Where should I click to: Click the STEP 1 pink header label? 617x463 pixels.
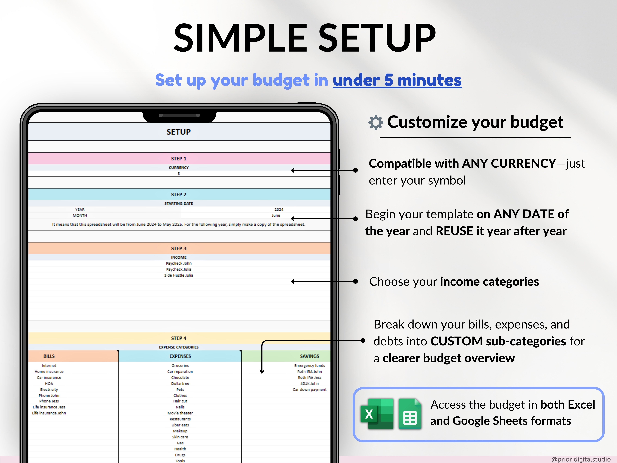[x=178, y=158]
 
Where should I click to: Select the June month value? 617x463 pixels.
[x=276, y=215]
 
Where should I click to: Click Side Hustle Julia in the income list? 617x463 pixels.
[x=178, y=275]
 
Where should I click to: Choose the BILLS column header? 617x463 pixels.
[x=49, y=356]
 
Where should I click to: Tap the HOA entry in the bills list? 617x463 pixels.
[x=49, y=383]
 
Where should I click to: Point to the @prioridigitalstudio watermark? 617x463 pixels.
[x=581, y=459]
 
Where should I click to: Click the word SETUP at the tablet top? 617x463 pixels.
[x=178, y=132]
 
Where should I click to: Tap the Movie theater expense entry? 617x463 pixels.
[x=180, y=413]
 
